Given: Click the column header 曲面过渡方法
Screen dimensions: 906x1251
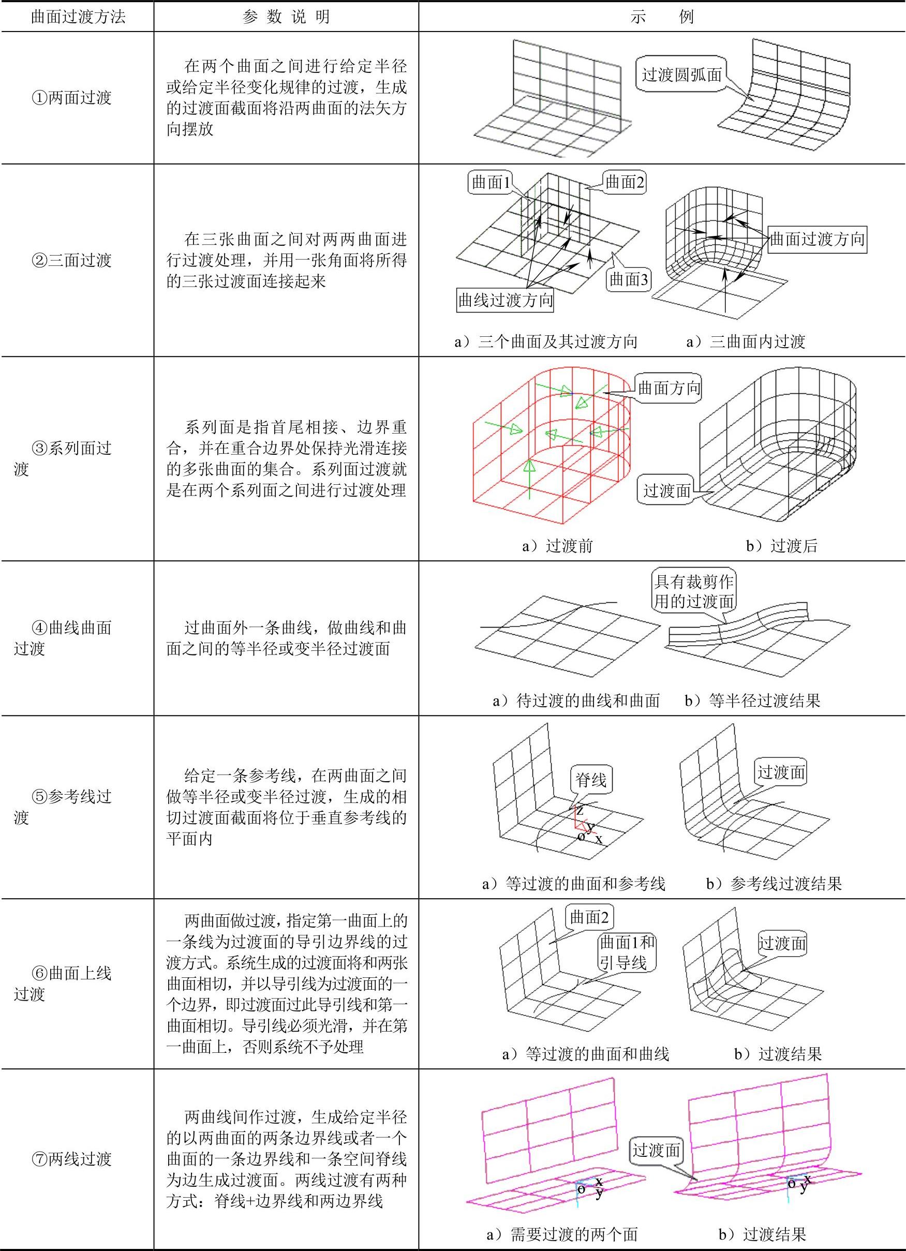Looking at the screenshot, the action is [78, 17].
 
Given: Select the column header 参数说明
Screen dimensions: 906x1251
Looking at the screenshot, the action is [286, 17].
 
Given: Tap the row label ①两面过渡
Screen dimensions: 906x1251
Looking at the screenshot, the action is [72, 98].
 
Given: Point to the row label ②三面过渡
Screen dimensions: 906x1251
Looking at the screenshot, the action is [72, 260].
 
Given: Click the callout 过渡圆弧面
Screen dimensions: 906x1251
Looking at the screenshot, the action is [682, 75].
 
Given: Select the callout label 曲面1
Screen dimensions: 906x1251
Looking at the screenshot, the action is [491, 182].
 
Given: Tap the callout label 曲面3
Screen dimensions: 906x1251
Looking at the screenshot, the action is [629, 280].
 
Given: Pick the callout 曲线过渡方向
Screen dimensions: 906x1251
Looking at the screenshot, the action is [506, 301].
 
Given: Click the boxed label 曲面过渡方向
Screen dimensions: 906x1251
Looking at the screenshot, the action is [816, 239].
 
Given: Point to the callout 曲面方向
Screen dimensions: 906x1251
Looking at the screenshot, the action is [669, 389].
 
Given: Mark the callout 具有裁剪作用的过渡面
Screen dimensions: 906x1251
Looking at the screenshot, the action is [693, 591].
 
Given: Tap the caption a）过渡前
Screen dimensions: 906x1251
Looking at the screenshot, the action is [557, 546].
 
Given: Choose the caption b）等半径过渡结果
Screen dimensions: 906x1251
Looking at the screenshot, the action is [752, 701].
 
